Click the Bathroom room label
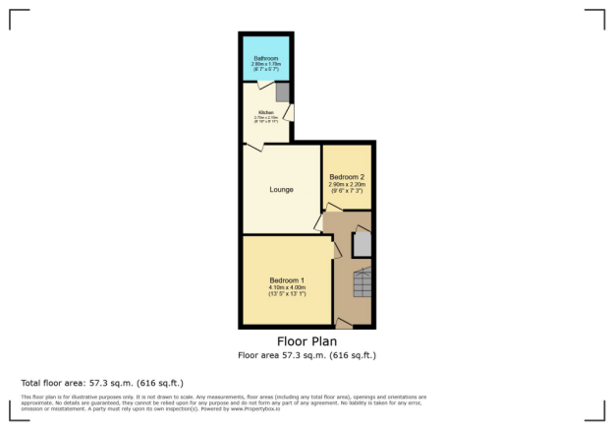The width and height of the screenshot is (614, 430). click(265, 58)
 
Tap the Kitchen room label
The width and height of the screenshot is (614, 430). click(265, 113)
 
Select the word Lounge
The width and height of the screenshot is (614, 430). click(282, 189)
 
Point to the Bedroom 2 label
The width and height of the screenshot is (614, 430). click(347, 177)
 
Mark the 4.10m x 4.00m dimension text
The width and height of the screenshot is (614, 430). click(287, 287)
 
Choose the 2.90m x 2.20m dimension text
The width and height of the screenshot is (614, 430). click(347, 185)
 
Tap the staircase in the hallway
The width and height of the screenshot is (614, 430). click(363, 284)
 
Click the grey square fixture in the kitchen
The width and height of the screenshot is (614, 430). click(282, 92)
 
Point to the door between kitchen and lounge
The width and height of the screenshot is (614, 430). click(253, 147)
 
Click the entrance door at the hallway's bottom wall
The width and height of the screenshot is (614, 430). click(344, 322)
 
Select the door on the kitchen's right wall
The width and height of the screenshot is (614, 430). click(289, 113)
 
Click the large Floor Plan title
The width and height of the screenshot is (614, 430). click(306, 341)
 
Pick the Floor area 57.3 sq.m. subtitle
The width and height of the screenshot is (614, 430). click(306, 355)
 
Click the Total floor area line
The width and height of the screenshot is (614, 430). click(101, 382)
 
